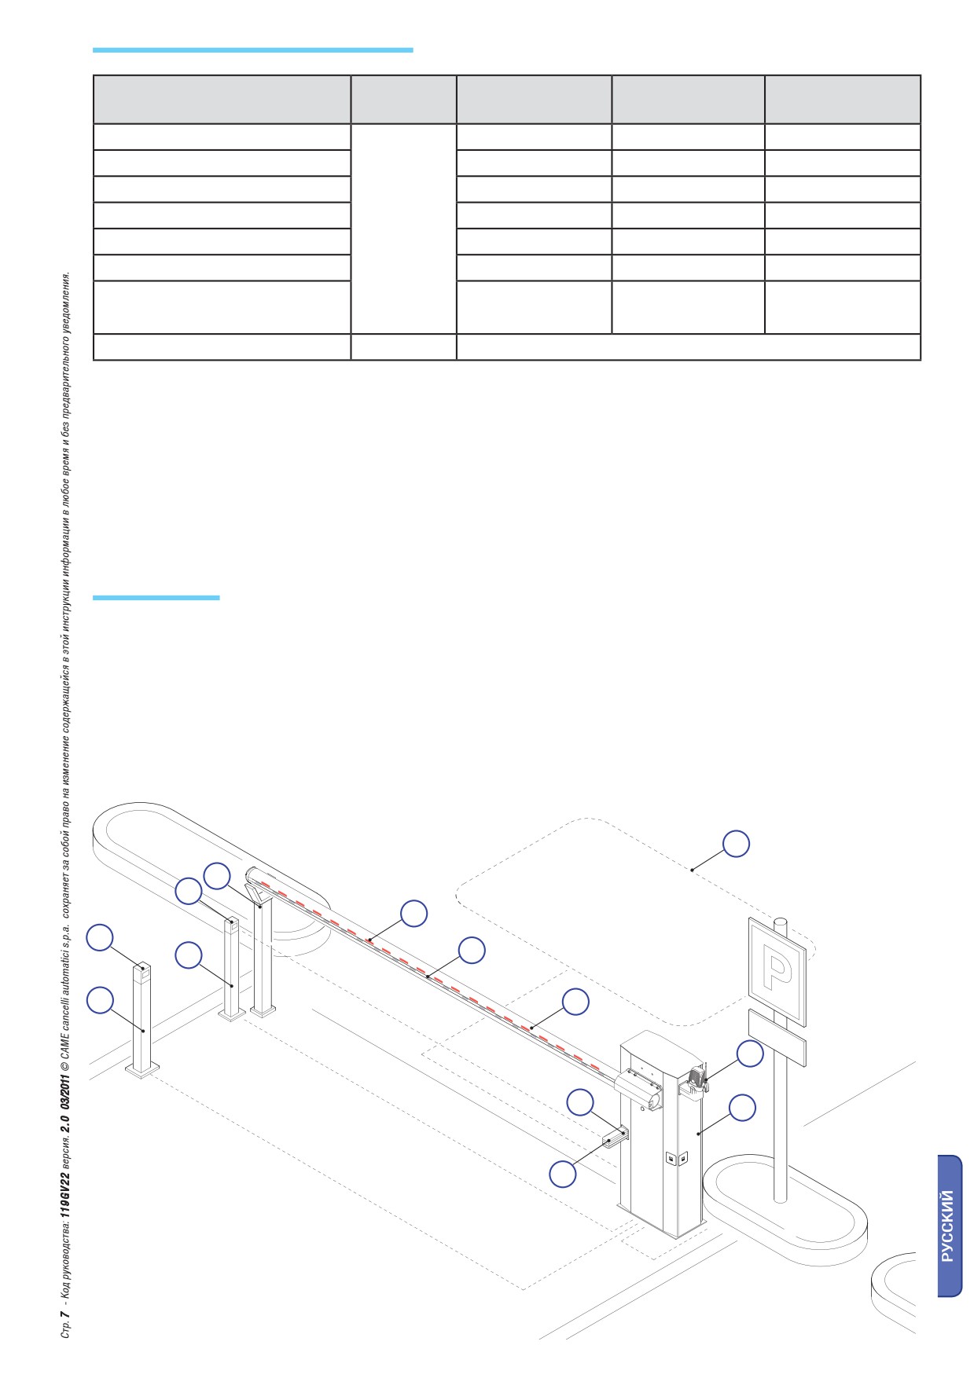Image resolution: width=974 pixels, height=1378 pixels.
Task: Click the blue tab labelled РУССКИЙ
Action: tap(950, 1226)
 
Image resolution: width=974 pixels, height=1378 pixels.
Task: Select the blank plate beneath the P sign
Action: tap(777, 1037)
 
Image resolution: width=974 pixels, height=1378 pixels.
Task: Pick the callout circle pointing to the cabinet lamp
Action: tap(750, 1054)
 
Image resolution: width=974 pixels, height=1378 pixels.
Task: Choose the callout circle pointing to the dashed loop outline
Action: tap(737, 843)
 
